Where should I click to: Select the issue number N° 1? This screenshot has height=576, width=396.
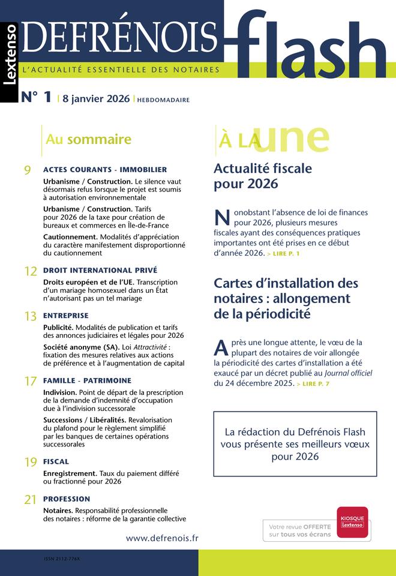click(36, 98)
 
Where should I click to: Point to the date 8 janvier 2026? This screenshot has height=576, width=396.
click(95, 98)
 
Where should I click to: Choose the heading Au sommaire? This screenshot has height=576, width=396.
click(88, 140)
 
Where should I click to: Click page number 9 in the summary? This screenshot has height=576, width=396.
click(28, 171)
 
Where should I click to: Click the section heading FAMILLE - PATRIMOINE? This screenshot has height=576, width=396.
click(87, 380)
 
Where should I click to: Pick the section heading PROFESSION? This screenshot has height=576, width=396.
click(67, 499)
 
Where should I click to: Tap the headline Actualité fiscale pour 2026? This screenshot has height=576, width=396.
click(263, 176)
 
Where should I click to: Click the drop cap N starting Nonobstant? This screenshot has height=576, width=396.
click(221, 218)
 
